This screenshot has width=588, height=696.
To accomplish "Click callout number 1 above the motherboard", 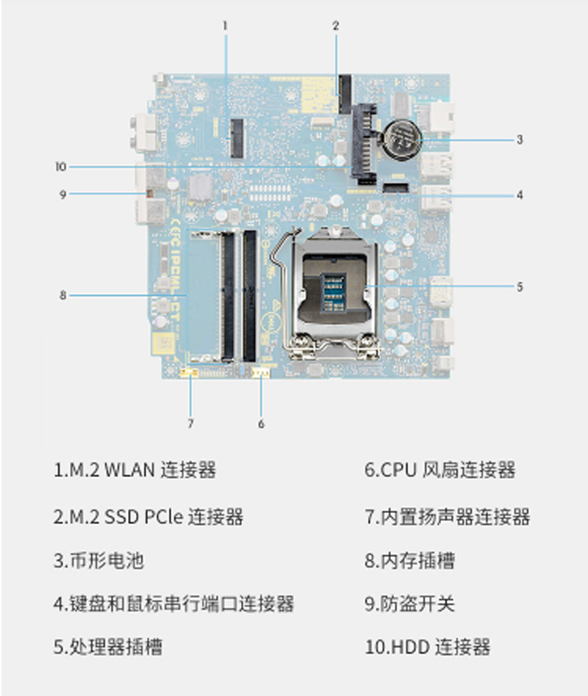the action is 225,26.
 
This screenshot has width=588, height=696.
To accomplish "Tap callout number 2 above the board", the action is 336,26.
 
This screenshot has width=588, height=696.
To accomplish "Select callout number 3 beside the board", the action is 520,140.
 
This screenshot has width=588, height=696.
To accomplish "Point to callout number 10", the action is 61,167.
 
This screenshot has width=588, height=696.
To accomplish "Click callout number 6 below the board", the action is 262,424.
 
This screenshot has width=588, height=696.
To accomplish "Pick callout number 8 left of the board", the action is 63,295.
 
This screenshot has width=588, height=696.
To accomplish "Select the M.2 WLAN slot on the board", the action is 237,138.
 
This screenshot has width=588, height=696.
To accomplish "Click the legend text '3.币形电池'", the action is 98,561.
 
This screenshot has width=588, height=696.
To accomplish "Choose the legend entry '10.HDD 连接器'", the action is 427,647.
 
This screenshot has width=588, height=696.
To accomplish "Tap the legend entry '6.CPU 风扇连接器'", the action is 440,470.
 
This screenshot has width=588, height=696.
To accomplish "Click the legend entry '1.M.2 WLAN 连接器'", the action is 135,470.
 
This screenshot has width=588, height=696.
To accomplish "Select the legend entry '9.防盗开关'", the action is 409,603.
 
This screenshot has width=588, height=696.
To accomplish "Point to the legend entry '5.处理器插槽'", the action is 108,647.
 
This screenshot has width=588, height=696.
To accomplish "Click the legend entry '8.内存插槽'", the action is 409,561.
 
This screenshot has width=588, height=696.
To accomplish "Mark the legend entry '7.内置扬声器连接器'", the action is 448,517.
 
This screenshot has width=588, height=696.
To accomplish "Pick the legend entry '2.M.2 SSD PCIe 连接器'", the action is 148,517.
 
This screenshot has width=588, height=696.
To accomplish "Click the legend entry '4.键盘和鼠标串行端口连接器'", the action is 173,603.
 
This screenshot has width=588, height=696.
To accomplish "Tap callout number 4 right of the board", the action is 520,195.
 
